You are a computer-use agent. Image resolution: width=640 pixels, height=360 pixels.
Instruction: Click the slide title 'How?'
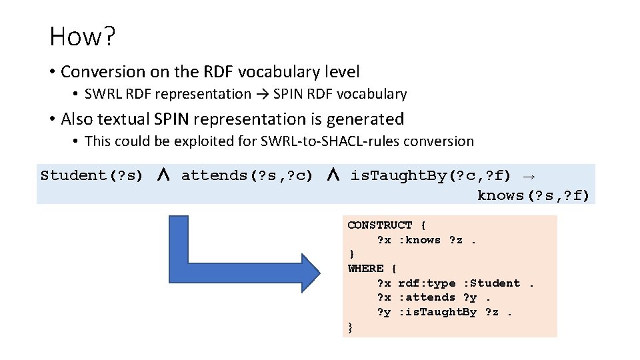82,37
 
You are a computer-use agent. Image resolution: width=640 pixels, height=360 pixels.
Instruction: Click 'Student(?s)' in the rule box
92,175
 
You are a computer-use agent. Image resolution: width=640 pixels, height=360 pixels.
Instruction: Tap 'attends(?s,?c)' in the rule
247,175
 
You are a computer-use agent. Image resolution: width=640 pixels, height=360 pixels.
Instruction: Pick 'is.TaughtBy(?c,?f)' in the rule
431,175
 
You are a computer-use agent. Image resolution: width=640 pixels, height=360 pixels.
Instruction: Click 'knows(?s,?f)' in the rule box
533,195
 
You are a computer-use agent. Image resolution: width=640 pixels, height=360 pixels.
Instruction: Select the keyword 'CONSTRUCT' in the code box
380,225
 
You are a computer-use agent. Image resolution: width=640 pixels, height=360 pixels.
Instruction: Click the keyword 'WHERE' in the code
366,269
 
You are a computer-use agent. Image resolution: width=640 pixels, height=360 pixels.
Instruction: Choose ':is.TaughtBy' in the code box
437,312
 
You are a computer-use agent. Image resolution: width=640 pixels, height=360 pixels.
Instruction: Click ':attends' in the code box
427,297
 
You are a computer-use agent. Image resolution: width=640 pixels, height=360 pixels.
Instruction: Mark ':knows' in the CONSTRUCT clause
420,240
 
